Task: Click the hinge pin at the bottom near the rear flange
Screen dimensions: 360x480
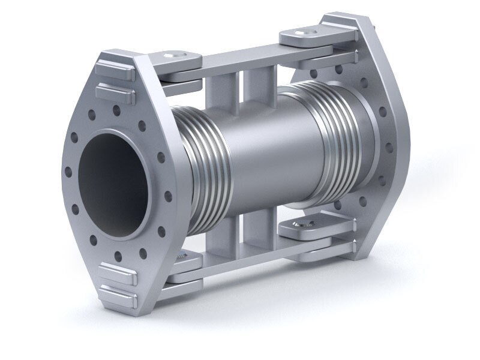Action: pos(298,226)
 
